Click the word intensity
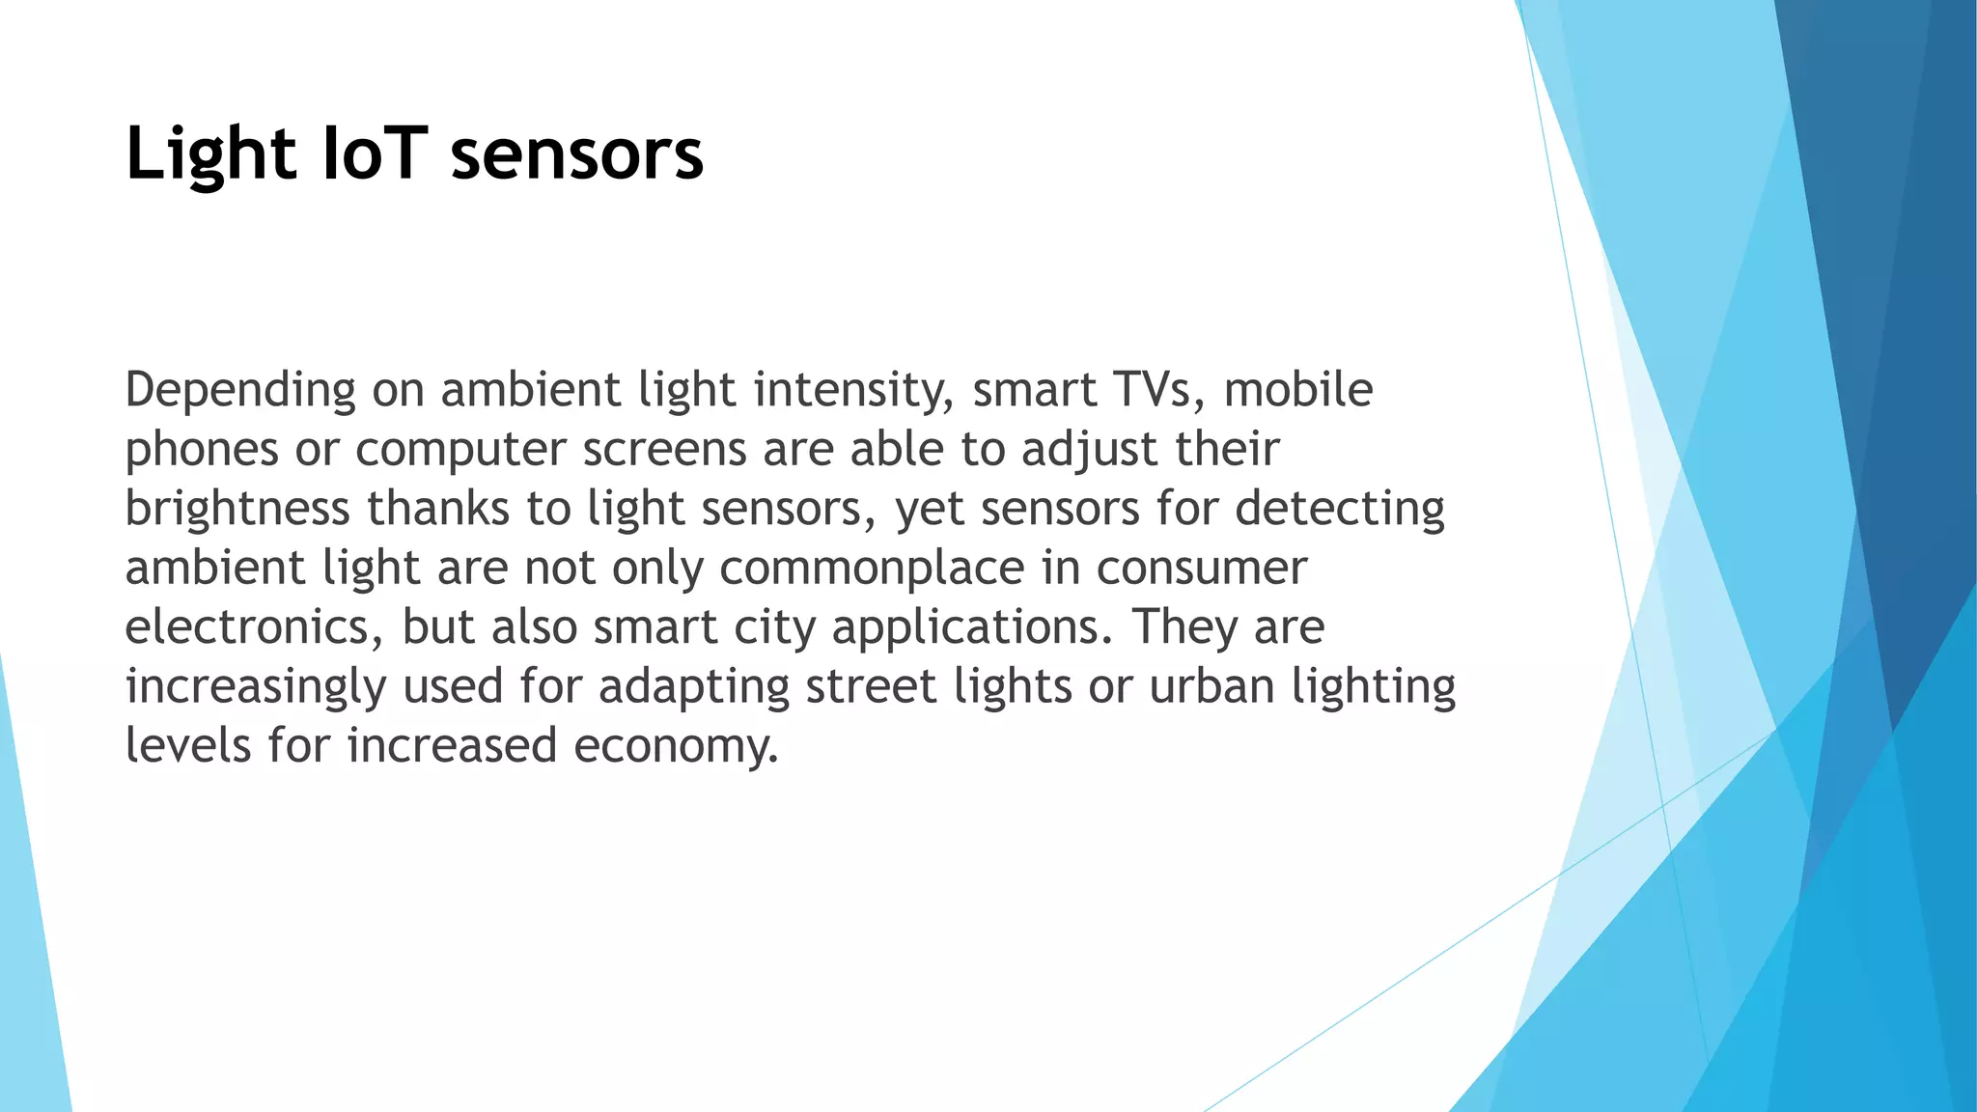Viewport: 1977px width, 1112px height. pyautogui.click(x=853, y=391)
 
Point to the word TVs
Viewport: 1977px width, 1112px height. pyautogui.click(x=1158, y=389)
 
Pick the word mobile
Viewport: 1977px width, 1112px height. pyautogui.click(x=1297, y=389)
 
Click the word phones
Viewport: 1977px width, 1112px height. pyautogui.click(x=202, y=450)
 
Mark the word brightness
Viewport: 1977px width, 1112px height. pyautogui.click(x=237, y=509)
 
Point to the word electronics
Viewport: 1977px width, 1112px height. pyautogui.click(x=247, y=627)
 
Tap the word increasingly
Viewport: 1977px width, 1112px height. pyautogui.click(x=256, y=687)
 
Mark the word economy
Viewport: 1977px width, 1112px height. pyautogui.click(x=676, y=747)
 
